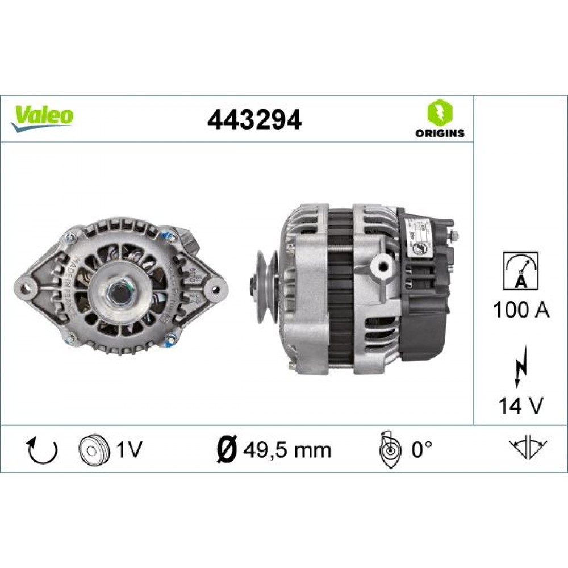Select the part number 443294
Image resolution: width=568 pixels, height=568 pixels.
click(x=254, y=119)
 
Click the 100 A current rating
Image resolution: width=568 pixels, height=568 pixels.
click(x=521, y=311)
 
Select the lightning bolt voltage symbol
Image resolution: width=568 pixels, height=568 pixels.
click(x=520, y=366)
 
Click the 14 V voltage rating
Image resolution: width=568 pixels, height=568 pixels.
click(x=521, y=406)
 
